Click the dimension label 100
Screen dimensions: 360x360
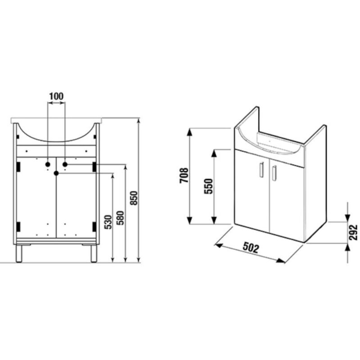click(56, 96)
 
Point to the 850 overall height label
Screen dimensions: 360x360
click(133, 198)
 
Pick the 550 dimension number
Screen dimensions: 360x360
click(208, 185)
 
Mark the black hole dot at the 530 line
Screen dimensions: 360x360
click(56, 173)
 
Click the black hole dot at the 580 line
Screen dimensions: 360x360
click(65, 165)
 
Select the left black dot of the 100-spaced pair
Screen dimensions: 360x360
click(47, 165)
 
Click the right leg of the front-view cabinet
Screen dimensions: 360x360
click(94, 253)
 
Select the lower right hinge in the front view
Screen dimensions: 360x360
click(94, 226)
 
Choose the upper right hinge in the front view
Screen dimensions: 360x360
click(94, 166)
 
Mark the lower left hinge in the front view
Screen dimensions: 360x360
click(18, 226)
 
